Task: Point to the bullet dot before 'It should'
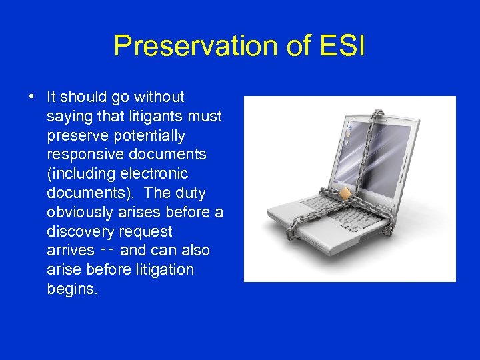click(x=32, y=97)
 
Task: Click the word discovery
click(x=81, y=232)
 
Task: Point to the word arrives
click(x=71, y=251)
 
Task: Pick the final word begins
click(x=72, y=289)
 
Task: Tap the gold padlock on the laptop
click(x=345, y=193)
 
